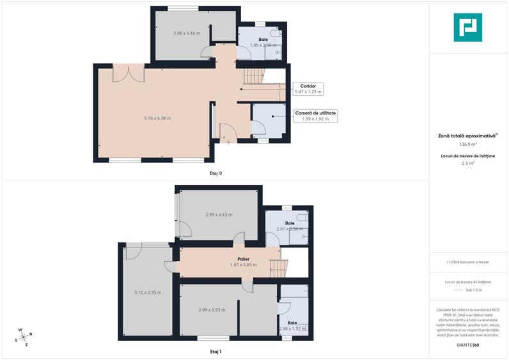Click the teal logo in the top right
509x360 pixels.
point(467,27)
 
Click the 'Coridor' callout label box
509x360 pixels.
point(309,88)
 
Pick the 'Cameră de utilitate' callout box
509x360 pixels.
point(315,116)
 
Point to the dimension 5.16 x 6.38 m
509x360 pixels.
point(157,118)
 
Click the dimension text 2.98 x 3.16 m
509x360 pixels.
point(187,33)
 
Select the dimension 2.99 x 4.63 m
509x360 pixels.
point(219,215)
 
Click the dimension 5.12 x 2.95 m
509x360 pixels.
point(148,292)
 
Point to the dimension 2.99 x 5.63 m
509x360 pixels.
point(212,310)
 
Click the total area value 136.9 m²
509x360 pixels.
point(467,145)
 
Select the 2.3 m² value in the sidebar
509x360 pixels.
point(467,164)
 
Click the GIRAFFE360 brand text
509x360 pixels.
point(467,345)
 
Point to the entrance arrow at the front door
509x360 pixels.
point(228,142)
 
